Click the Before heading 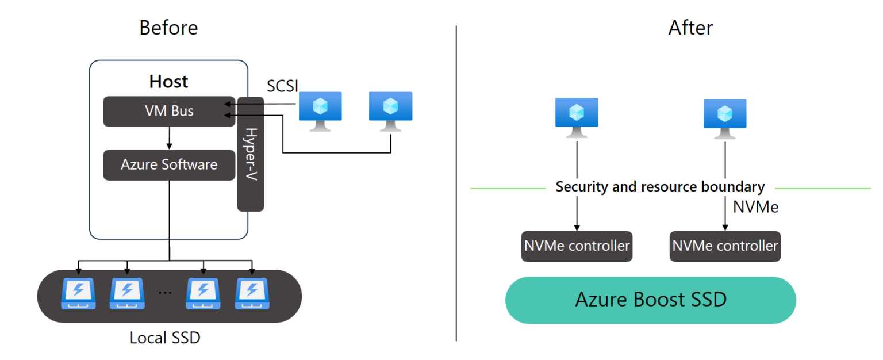168,28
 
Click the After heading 690,28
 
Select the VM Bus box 169,111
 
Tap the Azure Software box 169,165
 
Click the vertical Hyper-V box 251,154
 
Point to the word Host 168,82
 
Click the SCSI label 282,86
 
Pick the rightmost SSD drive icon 252,294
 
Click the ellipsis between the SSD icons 165,292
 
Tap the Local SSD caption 165,338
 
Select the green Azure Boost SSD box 650,300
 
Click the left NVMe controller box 577,246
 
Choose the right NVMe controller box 725,246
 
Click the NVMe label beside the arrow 755,207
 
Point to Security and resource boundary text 660,187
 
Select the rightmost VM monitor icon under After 725,117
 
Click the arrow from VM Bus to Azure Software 169,138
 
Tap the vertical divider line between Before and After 456,184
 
